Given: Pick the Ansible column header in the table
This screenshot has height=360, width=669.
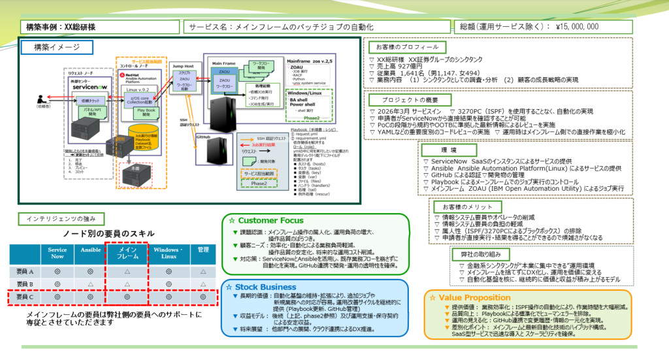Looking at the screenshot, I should click(x=90, y=252).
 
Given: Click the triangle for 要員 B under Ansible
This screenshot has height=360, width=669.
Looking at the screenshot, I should click(x=90, y=284).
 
